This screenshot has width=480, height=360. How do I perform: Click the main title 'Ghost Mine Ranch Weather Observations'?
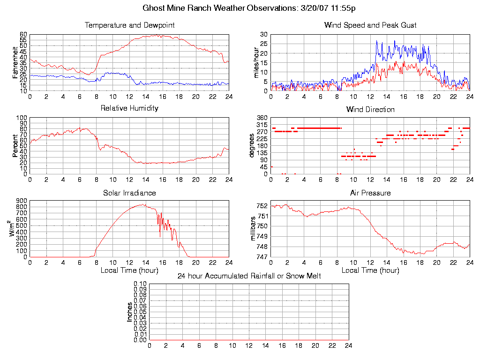[240, 8]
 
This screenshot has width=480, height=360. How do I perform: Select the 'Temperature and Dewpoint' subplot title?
[129, 25]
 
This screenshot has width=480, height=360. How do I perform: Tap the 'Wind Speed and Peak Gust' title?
[370, 25]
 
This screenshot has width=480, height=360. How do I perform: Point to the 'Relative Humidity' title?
[129, 108]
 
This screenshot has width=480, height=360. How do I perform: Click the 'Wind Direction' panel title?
[370, 109]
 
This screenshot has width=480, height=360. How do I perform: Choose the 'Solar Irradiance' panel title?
[129, 193]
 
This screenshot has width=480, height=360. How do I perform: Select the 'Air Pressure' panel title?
[370, 193]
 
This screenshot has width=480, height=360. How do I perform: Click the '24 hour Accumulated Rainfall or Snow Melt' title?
[249, 276]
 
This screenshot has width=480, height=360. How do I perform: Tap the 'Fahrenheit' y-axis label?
[15, 62]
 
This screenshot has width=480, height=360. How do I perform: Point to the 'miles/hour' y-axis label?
[256, 62]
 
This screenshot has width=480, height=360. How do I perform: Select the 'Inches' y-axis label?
[130, 312]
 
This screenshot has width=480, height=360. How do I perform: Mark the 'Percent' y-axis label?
[15, 145]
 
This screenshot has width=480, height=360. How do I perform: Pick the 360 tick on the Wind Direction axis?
[262, 118]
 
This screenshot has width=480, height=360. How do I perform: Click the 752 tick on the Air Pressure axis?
[262, 206]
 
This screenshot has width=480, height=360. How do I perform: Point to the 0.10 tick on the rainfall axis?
[140, 284]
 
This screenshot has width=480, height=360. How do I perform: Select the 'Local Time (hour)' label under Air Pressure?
[370, 270]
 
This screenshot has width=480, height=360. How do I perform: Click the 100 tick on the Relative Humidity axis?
[22, 118]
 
